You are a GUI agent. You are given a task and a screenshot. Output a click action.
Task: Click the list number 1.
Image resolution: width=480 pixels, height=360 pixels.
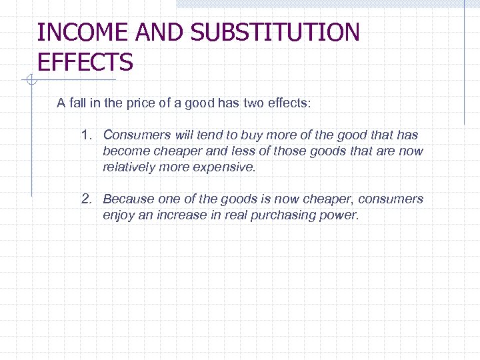click(85, 135)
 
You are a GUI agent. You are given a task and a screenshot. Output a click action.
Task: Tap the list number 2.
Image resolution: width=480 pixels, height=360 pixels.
click(85, 199)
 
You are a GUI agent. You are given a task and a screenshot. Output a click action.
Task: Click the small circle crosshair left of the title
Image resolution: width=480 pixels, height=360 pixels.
click(30, 81)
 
